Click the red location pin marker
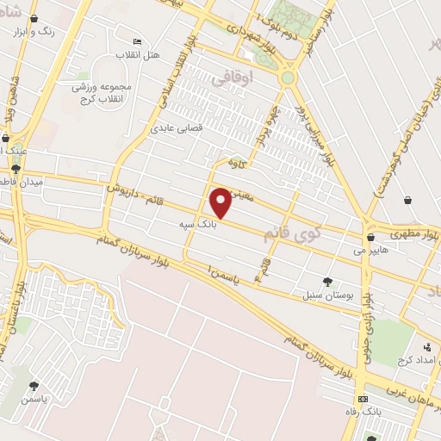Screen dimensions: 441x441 (221, 202)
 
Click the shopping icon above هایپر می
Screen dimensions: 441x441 (370, 238)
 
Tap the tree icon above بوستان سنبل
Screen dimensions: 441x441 (326, 281)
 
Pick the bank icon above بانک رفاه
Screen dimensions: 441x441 (363, 400)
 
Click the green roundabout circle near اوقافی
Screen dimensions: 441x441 (288, 78)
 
